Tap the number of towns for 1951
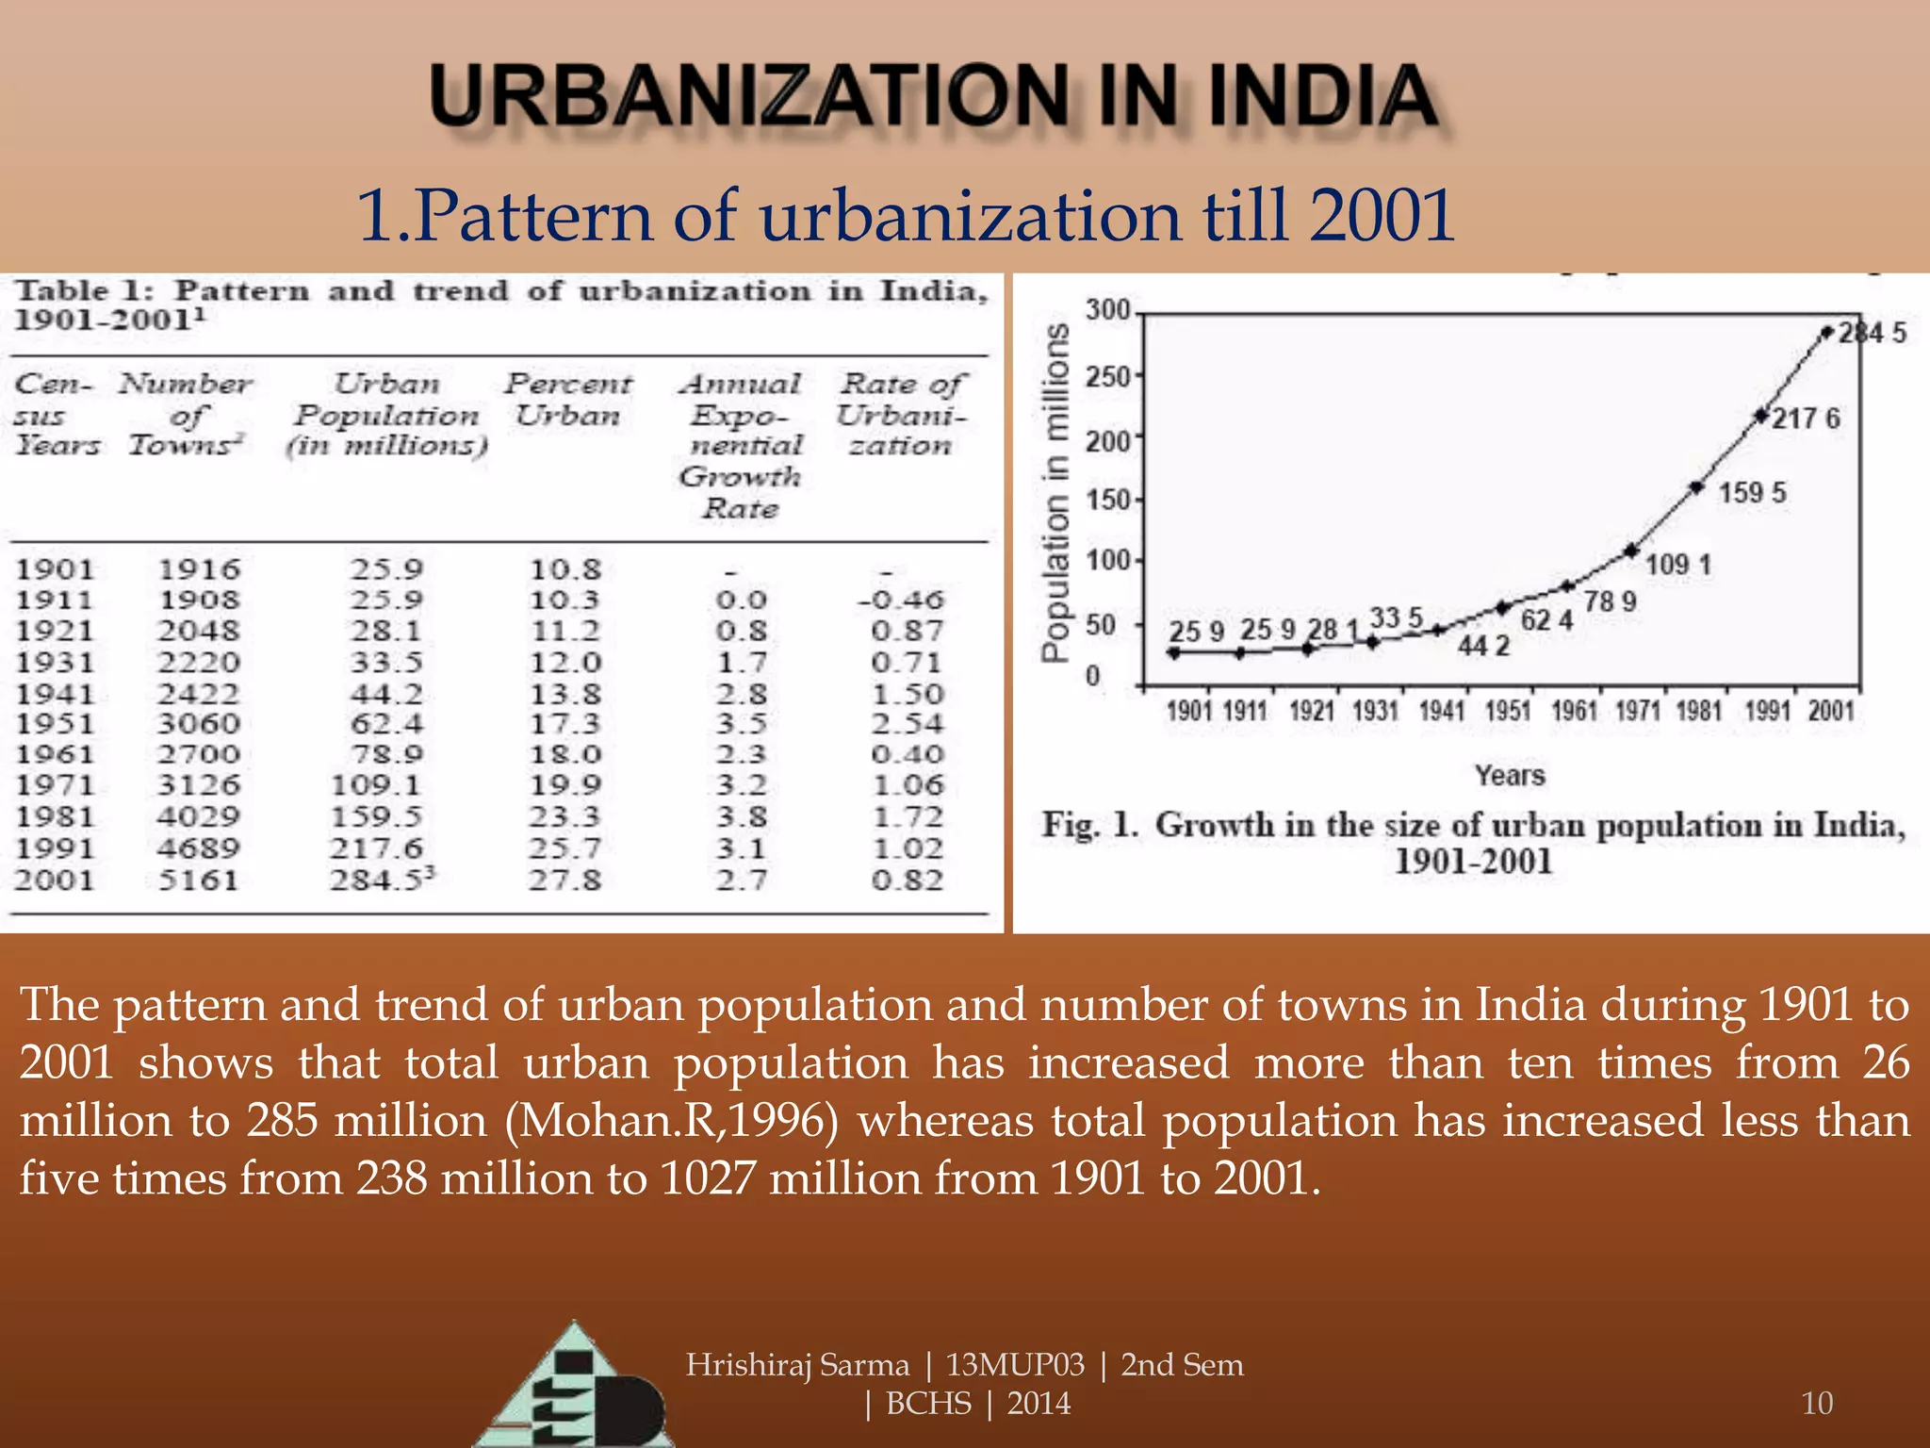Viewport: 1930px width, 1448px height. coord(199,724)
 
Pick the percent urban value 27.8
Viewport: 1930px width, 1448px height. coord(564,880)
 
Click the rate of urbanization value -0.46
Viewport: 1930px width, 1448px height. coord(900,600)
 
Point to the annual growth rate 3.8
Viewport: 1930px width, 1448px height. coord(741,816)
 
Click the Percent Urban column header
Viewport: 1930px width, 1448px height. coord(567,400)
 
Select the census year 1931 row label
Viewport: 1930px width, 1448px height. coord(55,663)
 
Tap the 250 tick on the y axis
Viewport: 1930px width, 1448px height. coord(1106,377)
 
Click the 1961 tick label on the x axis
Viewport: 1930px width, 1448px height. coord(1574,711)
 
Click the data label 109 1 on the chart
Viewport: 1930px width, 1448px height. coord(1677,565)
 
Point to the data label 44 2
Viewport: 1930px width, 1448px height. coord(1483,646)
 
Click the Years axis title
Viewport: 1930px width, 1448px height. coord(1510,775)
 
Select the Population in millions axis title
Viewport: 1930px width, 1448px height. coord(1056,493)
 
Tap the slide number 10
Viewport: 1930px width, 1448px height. coord(1816,1403)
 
